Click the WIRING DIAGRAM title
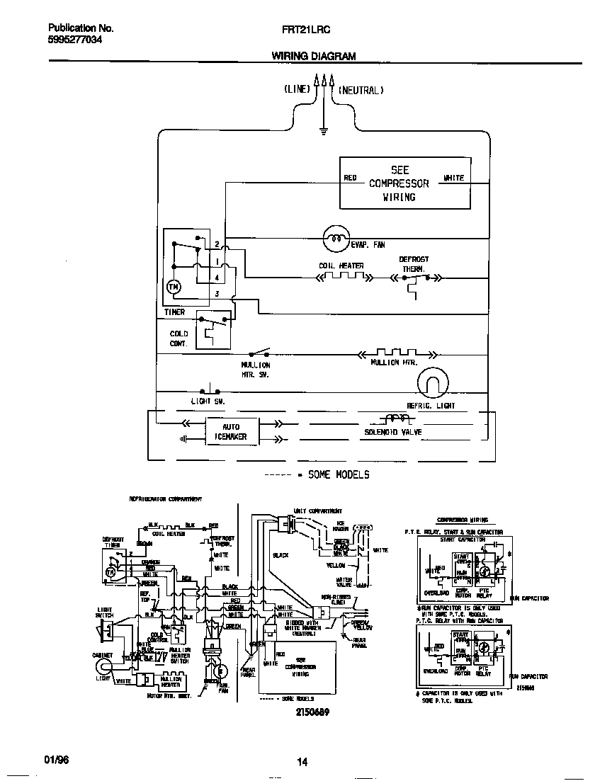pos(314,56)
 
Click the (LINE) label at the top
pos(297,90)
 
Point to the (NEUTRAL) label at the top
pos(361,90)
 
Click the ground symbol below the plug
pos(324,130)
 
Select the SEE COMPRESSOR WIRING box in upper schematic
pos(405,183)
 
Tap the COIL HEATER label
pos(341,266)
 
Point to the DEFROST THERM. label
pos(414,264)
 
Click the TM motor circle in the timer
pos(174,287)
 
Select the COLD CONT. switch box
pos(212,329)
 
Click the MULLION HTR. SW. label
pos(256,370)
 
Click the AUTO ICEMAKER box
pos(231,432)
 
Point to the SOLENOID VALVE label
pos(393,432)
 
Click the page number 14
pos(302,762)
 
